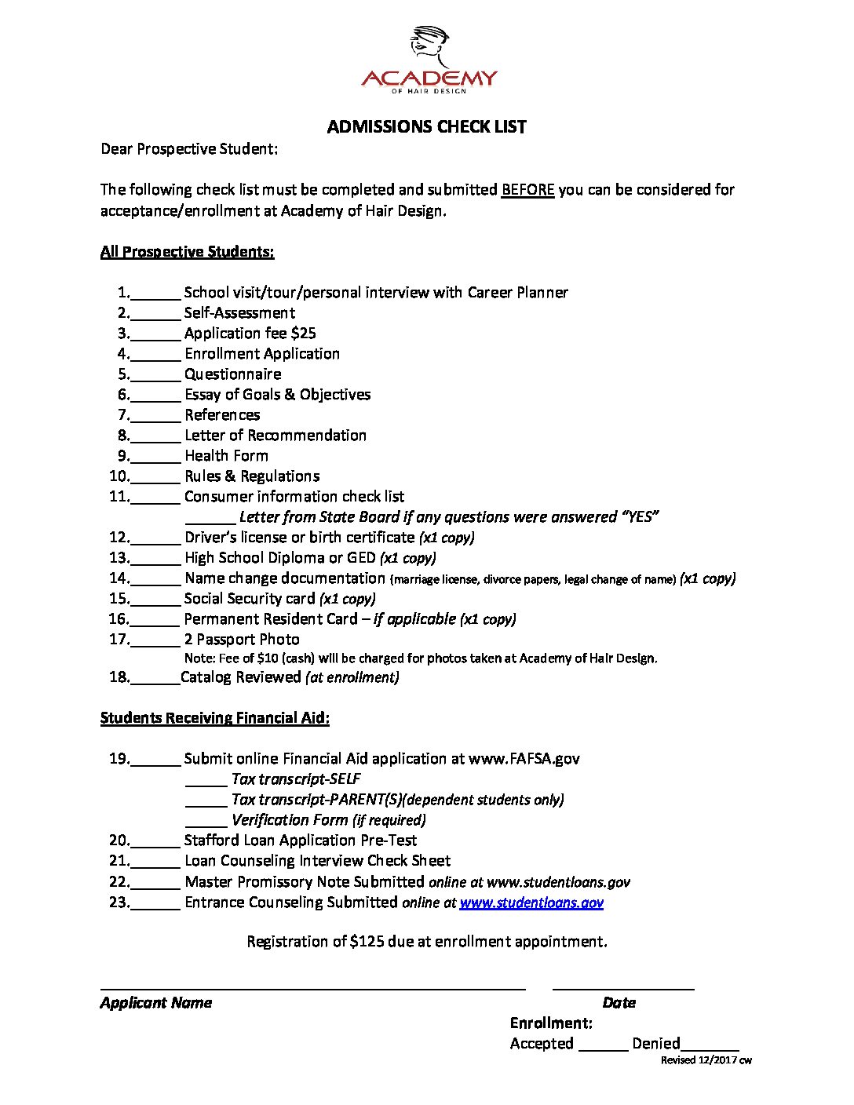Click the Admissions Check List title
tap(426, 127)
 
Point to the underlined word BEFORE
tap(527, 190)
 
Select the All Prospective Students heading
tap(187, 252)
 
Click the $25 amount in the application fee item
tap(303, 334)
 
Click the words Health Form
tap(226, 456)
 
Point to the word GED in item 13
tap(361, 558)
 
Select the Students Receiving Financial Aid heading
tap(214, 718)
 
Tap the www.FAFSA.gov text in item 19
tap(524, 759)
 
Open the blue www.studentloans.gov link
tap(531, 903)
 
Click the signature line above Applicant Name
tap(312, 987)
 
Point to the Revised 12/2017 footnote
tap(706, 1060)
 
